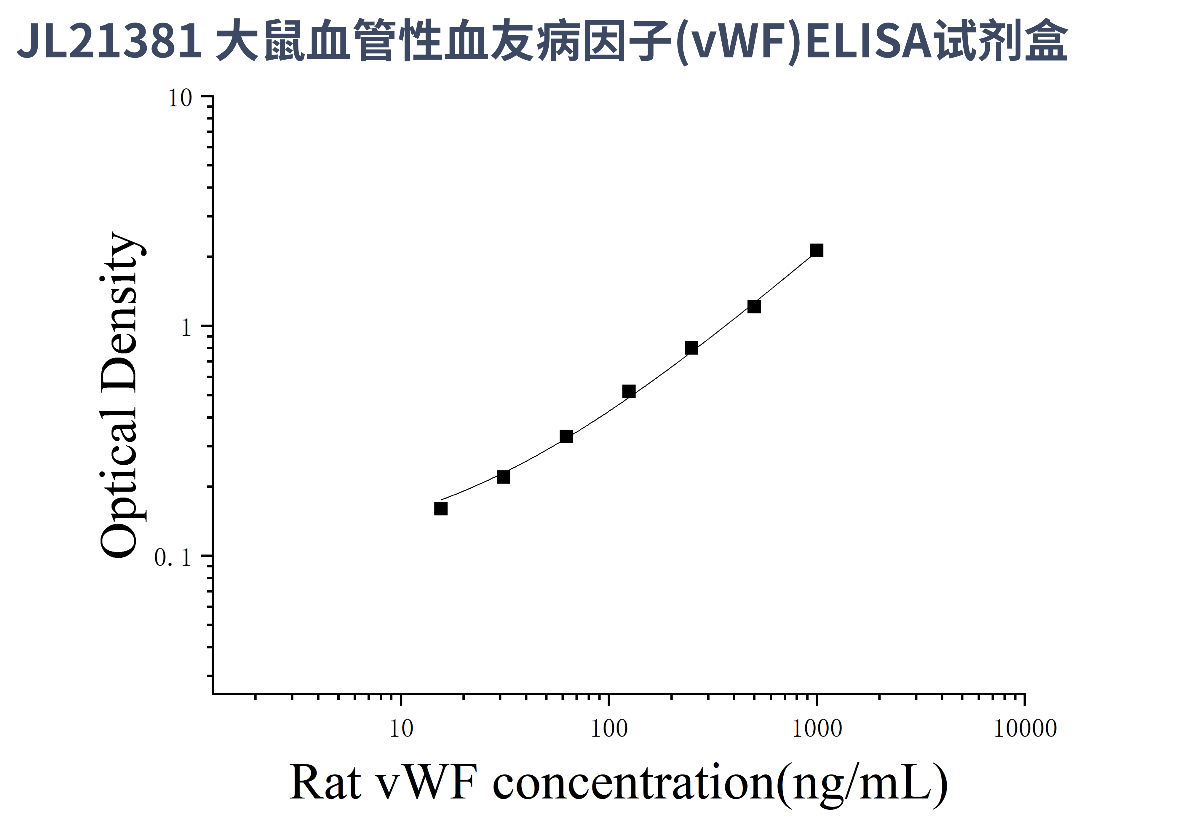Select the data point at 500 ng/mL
click(x=754, y=307)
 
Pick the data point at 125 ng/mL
click(x=629, y=391)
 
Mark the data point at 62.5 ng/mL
click(x=566, y=436)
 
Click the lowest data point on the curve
click(x=440, y=509)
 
